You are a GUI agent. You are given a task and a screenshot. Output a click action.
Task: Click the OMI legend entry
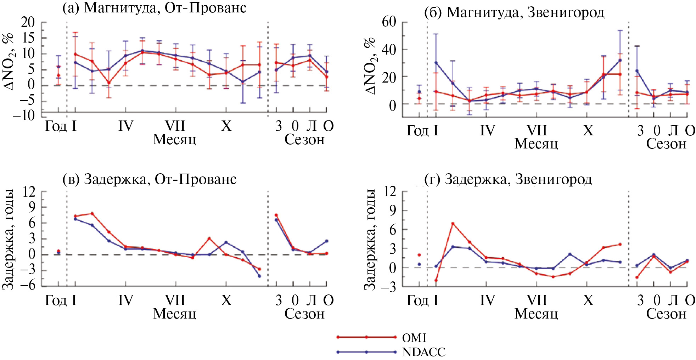pos(414,338)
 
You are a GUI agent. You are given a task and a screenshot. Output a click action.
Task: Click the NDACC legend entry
pos(424,352)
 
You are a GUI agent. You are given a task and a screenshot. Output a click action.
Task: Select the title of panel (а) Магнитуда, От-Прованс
pos(154,8)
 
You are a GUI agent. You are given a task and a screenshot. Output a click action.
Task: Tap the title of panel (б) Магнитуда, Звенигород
pos(514,12)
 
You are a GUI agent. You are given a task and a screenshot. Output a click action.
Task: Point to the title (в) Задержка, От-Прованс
pos(149,179)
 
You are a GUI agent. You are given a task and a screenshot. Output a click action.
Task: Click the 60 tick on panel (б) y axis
pos(389,22)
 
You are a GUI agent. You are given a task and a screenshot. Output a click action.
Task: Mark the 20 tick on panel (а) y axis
pos(28,22)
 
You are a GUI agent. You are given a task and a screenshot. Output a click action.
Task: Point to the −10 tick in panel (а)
pos(24,115)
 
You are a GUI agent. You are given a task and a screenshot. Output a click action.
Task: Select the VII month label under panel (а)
pos(175,126)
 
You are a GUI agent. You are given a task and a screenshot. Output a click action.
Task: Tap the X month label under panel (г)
pos(588,300)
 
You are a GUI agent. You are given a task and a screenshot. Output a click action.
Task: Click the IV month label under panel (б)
pos(487,131)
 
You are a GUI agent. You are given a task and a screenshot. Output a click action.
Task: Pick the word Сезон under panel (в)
pos(304,314)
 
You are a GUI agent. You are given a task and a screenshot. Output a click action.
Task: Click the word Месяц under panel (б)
pos(536,144)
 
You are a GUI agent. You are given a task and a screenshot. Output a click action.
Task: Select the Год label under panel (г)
pos(417,300)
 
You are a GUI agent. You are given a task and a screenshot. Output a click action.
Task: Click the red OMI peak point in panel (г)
pos(453,224)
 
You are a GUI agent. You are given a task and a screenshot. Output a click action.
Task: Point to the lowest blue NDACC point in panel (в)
pos(259,276)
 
